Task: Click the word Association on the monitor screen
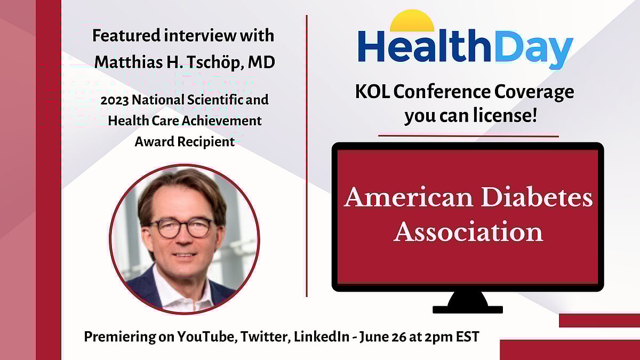click(468, 232)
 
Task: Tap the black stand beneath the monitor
click(468, 303)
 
